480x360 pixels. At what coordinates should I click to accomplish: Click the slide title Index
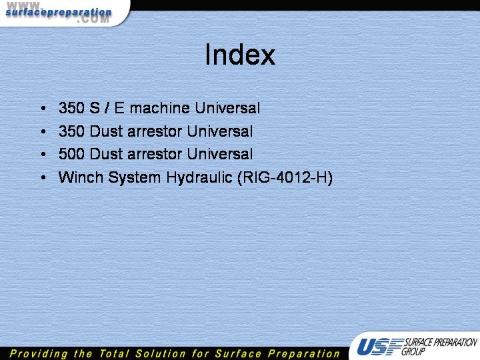click(x=240, y=55)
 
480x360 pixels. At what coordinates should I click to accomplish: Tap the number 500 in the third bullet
click(x=71, y=154)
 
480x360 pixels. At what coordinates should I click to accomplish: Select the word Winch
click(x=81, y=177)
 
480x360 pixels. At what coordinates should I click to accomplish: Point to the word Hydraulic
click(x=199, y=178)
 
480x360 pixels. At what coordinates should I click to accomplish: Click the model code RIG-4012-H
click(x=285, y=177)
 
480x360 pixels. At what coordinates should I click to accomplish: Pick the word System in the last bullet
click(x=135, y=178)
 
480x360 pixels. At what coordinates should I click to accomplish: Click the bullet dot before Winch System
click(x=43, y=177)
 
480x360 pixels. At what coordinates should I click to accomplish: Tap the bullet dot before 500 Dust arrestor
click(x=43, y=154)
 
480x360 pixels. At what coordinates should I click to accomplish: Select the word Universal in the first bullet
click(x=227, y=108)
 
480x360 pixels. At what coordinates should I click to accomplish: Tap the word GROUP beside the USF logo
click(x=413, y=351)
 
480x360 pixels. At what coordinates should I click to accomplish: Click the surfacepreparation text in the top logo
click(x=59, y=13)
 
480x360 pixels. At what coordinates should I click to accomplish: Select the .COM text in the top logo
click(x=93, y=19)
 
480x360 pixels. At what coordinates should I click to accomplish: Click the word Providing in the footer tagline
click(x=38, y=354)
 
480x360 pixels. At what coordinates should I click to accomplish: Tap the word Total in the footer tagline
click(x=114, y=353)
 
